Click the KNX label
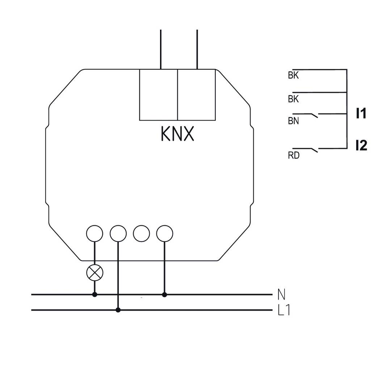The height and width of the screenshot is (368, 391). coord(177,134)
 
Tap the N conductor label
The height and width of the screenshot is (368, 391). coord(281,295)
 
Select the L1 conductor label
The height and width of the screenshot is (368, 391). coord(284,310)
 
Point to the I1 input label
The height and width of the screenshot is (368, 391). coord(361,114)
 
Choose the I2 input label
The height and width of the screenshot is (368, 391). coord(361,146)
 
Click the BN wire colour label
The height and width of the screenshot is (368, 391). coord(293,121)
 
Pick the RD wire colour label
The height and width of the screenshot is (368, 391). coord(294,156)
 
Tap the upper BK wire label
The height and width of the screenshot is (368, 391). coord(293,76)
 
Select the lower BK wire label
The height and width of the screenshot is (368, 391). coord(293,99)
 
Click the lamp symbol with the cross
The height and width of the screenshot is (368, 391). coord(95,273)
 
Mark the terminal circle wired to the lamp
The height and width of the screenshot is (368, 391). coord(95,233)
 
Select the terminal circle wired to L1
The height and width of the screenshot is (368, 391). coord(118,233)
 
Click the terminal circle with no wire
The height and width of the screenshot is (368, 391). coord(141,233)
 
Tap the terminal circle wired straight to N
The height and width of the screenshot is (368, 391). coord(165,233)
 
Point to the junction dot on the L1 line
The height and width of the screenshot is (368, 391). coord(118,310)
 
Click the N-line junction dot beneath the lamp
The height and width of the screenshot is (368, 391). coord(95,295)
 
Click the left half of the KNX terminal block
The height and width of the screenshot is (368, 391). coord(159,95)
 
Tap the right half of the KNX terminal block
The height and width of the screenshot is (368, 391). coord(197,95)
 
